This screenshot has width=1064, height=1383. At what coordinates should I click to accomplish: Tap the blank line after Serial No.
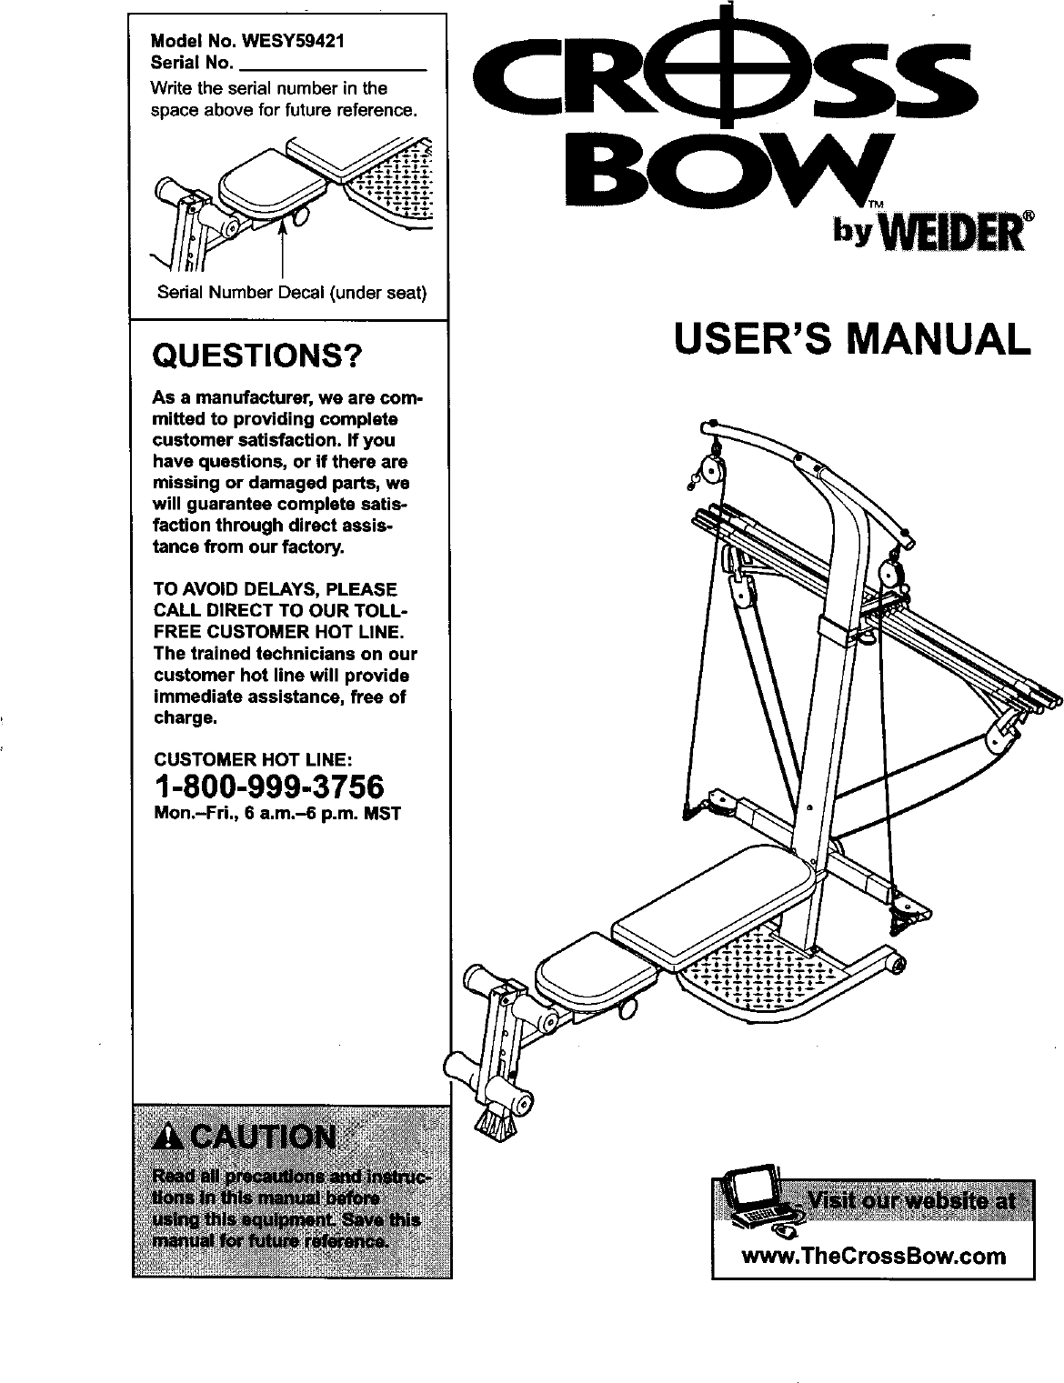(x=332, y=65)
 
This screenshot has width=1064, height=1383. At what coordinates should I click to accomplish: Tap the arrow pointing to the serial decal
(x=284, y=246)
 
